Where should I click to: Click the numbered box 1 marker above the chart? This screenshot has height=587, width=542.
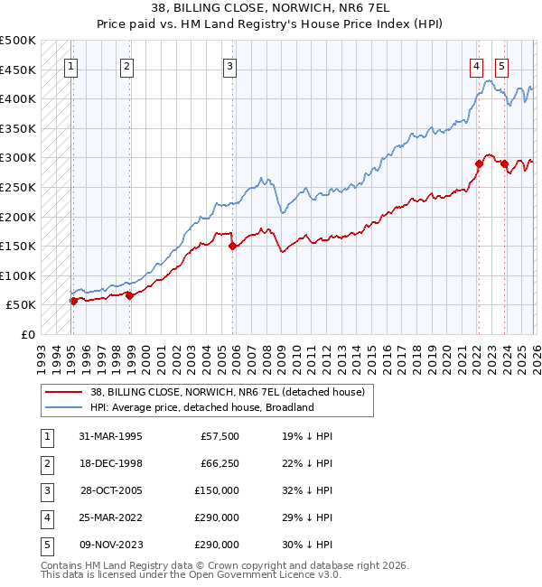(70, 65)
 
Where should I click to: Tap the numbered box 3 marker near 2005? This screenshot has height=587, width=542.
(230, 65)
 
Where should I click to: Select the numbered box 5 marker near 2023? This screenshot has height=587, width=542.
(501, 65)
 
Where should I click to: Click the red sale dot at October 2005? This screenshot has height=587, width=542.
(232, 246)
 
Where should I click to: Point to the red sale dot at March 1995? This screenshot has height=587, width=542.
(73, 301)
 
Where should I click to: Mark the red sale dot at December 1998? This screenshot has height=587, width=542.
(129, 295)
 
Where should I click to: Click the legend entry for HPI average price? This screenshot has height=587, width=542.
(201, 407)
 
